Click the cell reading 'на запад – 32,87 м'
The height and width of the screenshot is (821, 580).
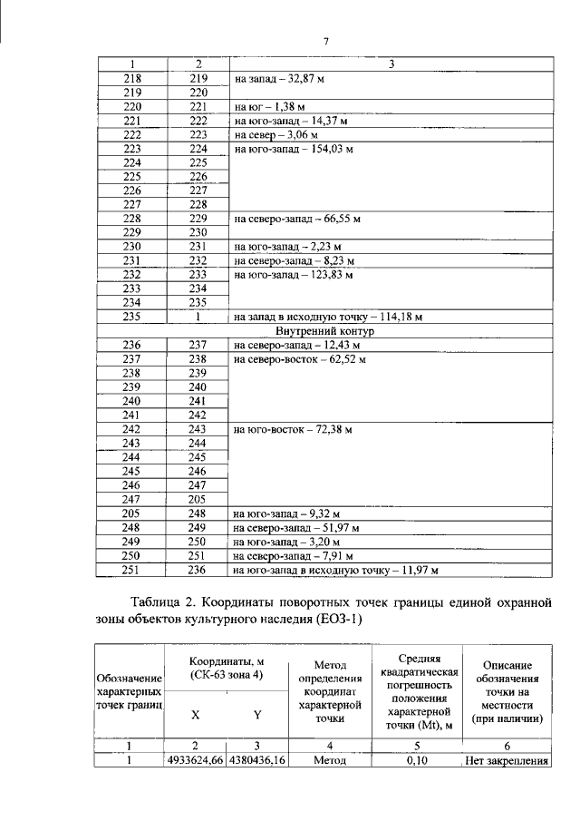[279, 80]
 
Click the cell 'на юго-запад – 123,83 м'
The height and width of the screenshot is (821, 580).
[290, 274]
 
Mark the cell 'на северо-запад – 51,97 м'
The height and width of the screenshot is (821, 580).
[296, 527]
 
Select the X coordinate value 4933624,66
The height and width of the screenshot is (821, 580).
[196, 761]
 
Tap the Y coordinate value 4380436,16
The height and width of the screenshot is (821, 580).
[257, 761]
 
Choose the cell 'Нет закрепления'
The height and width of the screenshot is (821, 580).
[507, 761]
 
